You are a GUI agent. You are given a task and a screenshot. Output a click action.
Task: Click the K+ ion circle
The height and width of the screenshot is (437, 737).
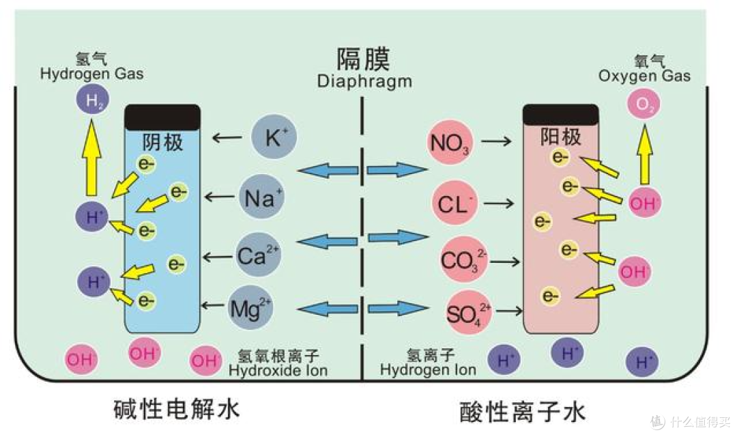point(274,139)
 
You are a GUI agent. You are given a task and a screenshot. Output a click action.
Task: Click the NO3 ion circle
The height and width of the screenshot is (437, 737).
point(449,142)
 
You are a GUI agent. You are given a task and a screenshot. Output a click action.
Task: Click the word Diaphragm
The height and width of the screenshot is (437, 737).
point(364,81)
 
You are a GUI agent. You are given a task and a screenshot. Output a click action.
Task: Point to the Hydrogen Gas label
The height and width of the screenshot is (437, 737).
point(92,74)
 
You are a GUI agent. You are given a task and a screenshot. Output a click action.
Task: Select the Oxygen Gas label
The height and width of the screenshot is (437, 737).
point(644,75)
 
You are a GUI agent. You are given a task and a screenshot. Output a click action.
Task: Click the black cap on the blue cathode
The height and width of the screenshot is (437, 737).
point(162,117)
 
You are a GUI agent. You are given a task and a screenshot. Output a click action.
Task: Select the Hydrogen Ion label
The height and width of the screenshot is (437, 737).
point(428,371)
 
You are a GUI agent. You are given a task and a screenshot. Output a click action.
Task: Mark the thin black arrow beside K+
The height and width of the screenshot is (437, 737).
point(227,139)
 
